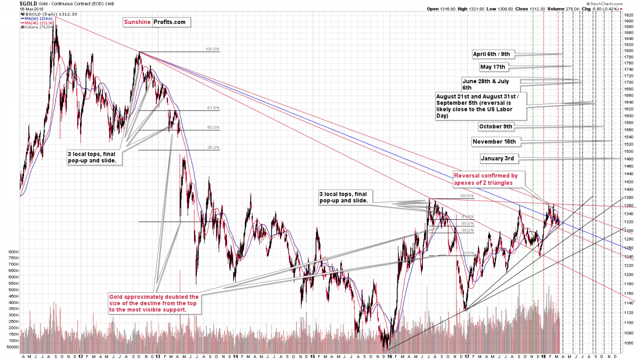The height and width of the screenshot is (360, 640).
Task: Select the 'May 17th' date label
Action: pos(493,67)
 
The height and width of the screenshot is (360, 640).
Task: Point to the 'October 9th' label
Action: pos(495,126)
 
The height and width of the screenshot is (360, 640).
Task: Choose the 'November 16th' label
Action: pos(494,141)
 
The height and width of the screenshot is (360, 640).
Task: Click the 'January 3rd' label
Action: pos(497,158)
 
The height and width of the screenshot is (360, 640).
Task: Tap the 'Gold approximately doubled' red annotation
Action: pos(154,303)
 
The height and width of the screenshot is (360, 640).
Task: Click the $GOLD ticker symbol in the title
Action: pos(10,4)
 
